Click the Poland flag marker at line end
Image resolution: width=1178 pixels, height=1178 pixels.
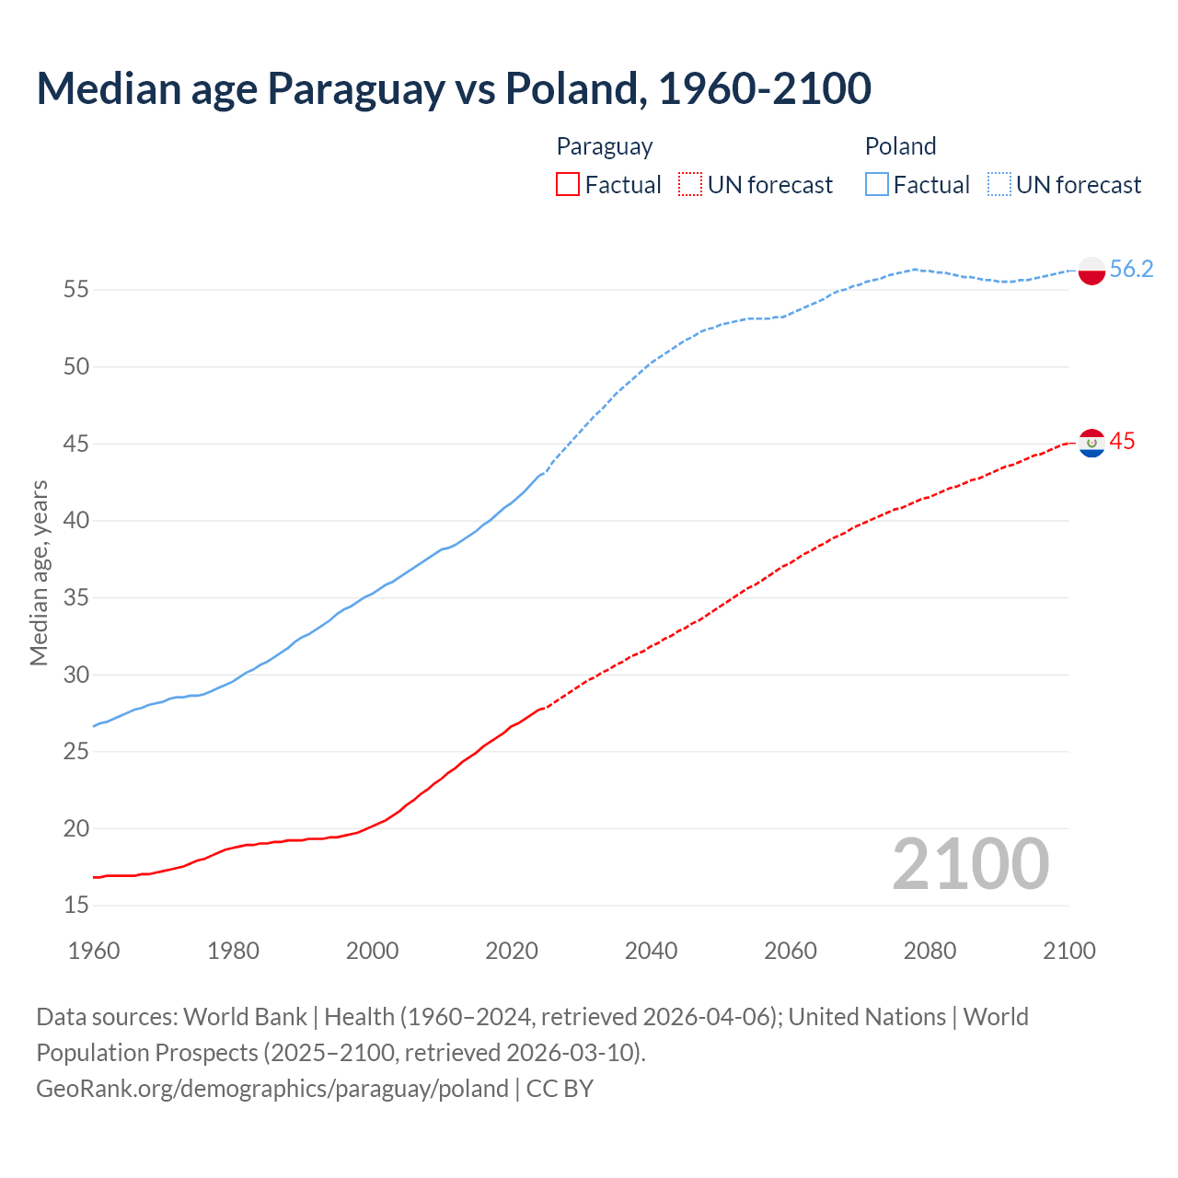click(1091, 271)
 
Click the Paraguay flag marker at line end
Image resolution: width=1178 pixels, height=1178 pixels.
click(1091, 443)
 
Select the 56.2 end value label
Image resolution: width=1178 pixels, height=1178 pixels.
click(1131, 269)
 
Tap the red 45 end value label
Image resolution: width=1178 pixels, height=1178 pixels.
click(1122, 442)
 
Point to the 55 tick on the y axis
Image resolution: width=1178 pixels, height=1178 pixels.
click(76, 290)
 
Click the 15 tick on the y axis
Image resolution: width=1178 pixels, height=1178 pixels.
click(76, 906)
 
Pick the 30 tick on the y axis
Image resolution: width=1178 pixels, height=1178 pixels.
click(76, 675)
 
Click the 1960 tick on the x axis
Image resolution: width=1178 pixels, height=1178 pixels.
click(94, 951)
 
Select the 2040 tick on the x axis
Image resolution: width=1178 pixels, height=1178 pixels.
click(651, 951)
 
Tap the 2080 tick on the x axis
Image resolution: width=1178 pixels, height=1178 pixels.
click(930, 951)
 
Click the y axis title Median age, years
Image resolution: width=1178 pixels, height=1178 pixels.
click(39, 572)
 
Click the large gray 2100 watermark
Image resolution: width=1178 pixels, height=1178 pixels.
click(970, 864)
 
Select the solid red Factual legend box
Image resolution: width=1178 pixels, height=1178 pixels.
click(568, 185)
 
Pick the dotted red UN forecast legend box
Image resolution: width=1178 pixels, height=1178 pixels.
click(690, 185)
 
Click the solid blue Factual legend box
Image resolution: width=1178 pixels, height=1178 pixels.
click(877, 185)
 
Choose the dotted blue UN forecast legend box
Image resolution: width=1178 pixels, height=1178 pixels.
click(999, 185)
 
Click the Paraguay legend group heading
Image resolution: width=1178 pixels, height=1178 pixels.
click(605, 146)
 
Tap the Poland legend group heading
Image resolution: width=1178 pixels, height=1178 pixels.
click(900, 146)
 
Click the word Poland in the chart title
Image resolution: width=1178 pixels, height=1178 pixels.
click(572, 88)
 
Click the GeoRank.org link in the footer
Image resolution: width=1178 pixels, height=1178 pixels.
click(271, 1089)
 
